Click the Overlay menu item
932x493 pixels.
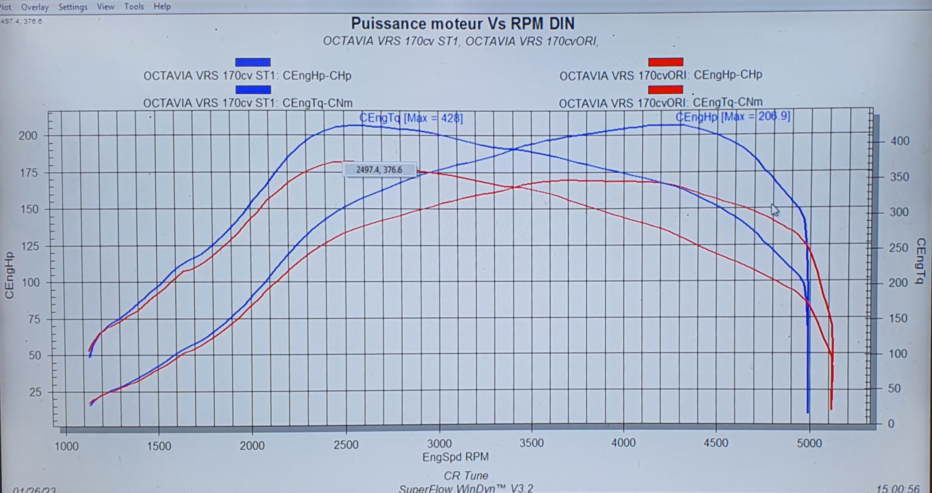click(x=35, y=7)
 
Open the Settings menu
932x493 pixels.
click(x=73, y=7)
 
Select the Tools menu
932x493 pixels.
click(x=134, y=6)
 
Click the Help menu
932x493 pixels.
click(x=162, y=6)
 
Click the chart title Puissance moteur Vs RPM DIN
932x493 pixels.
click(x=463, y=24)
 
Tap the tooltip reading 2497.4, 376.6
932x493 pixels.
click(x=379, y=170)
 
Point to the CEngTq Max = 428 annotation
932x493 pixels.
click(x=411, y=118)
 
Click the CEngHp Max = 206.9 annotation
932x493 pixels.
click(x=733, y=117)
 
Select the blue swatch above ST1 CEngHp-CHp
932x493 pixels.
click(x=253, y=62)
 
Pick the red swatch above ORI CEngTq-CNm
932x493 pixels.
click(x=666, y=90)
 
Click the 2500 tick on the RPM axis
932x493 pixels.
click(x=346, y=444)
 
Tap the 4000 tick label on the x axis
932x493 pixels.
click(x=623, y=443)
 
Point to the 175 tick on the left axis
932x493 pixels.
click(x=29, y=173)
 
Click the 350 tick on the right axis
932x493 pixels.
click(x=899, y=177)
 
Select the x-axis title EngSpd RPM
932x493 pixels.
click(x=455, y=457)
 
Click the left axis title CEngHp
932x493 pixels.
click(x=9, y=275)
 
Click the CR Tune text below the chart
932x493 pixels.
click(x=466, y=476)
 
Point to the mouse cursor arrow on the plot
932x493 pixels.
click(x=775, y=209)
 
